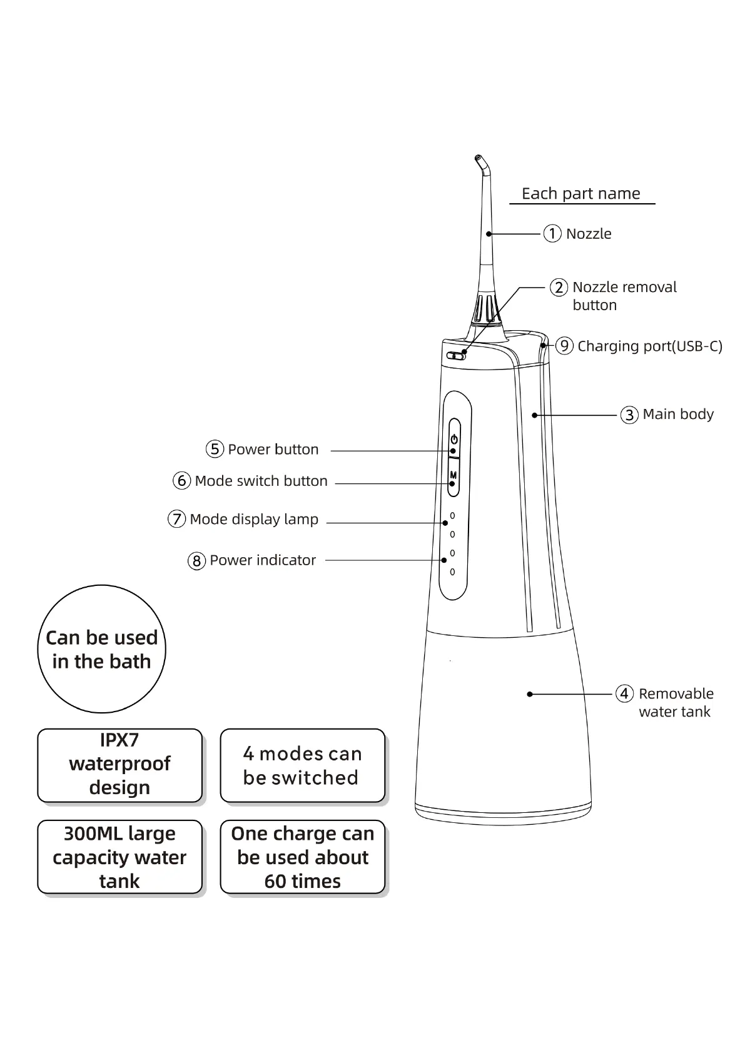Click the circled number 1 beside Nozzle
[552, 234]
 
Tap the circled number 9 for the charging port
[564, 346]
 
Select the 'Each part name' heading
[580, 194]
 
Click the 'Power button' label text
[273, 450]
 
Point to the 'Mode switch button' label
[261, 481]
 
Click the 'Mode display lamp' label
[254, 520]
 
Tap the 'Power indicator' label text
[263, 560]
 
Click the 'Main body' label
[678, 415]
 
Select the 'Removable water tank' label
[675, 703]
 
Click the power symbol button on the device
[454, 439]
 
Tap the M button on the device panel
[454, 476]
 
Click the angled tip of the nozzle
[480, 163]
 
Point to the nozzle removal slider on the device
[456, 356]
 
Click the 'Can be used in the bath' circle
[101, 649]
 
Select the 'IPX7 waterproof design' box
[119, 765]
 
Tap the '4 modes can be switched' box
[302, 765]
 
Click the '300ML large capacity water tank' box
[119, 857]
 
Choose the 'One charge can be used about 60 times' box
[302, 857]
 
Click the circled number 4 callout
[624, 693]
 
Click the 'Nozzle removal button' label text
[624, 296]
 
